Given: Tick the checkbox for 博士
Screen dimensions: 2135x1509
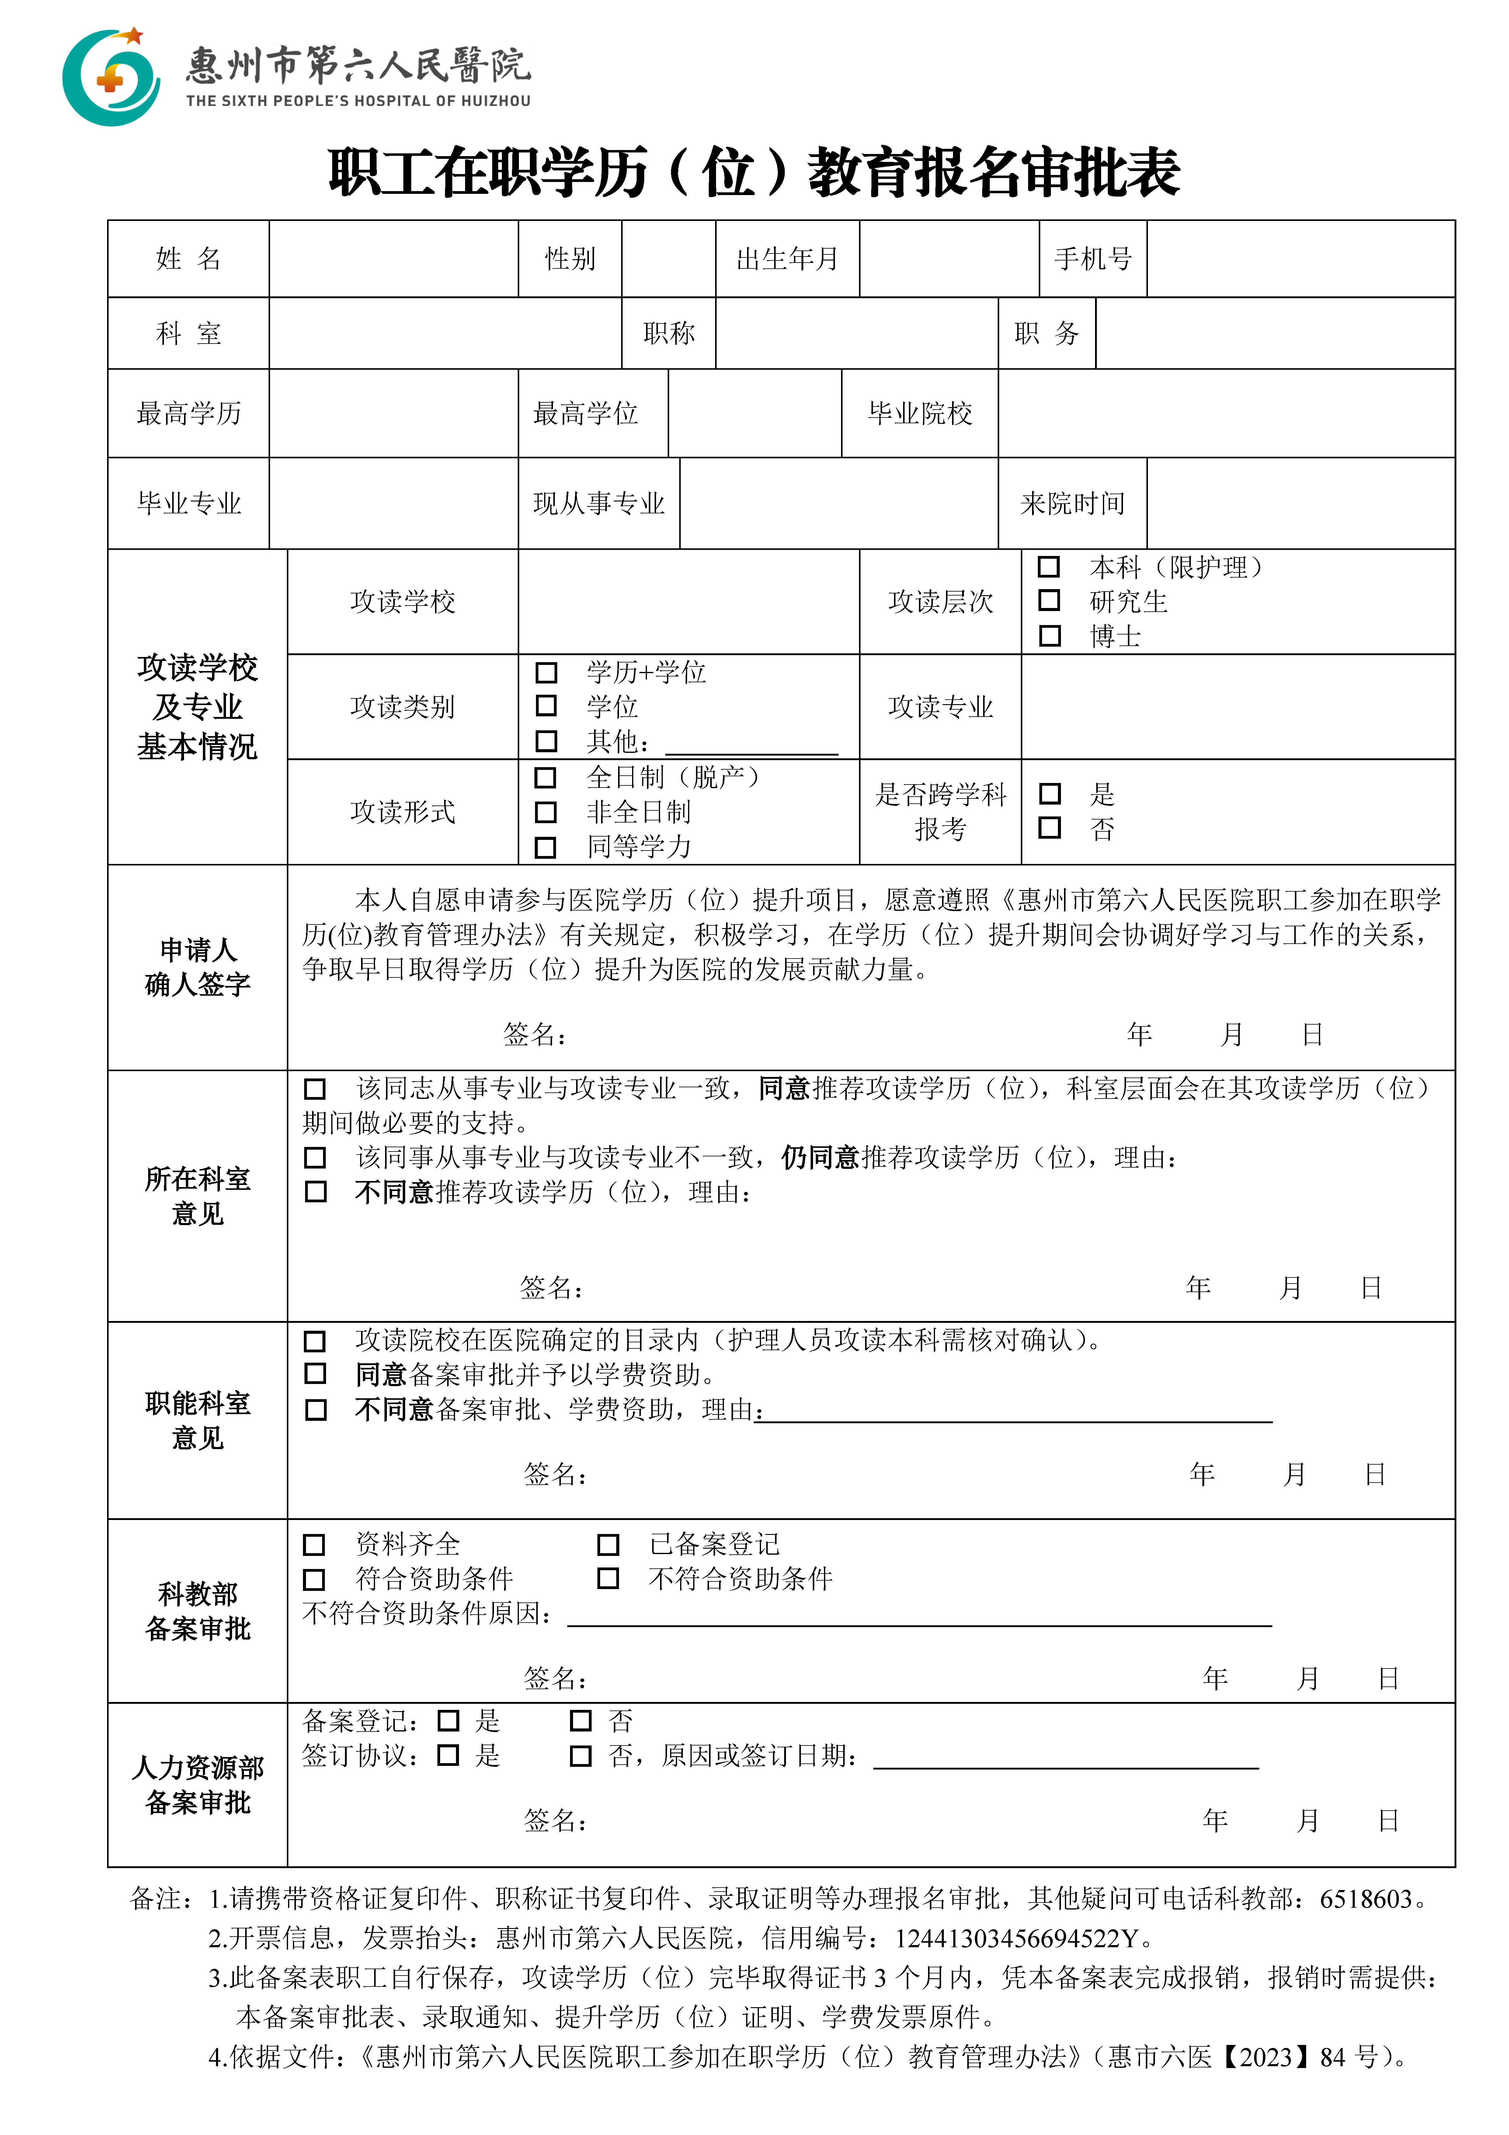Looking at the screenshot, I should click(x=1050, y=636).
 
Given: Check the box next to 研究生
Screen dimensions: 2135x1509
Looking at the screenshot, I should click(x=1050, y=601).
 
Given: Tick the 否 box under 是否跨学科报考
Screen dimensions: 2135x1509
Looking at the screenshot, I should click(x=1050, y=828).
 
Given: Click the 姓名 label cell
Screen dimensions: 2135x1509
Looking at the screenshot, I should click(x=189, y=258).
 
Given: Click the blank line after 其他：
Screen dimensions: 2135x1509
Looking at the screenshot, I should click(x=751, y=744).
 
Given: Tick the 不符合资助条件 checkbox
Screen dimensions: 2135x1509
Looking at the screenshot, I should click(x=608, y=1578).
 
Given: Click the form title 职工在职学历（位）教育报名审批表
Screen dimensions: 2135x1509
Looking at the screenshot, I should click(x=754, y=173).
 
